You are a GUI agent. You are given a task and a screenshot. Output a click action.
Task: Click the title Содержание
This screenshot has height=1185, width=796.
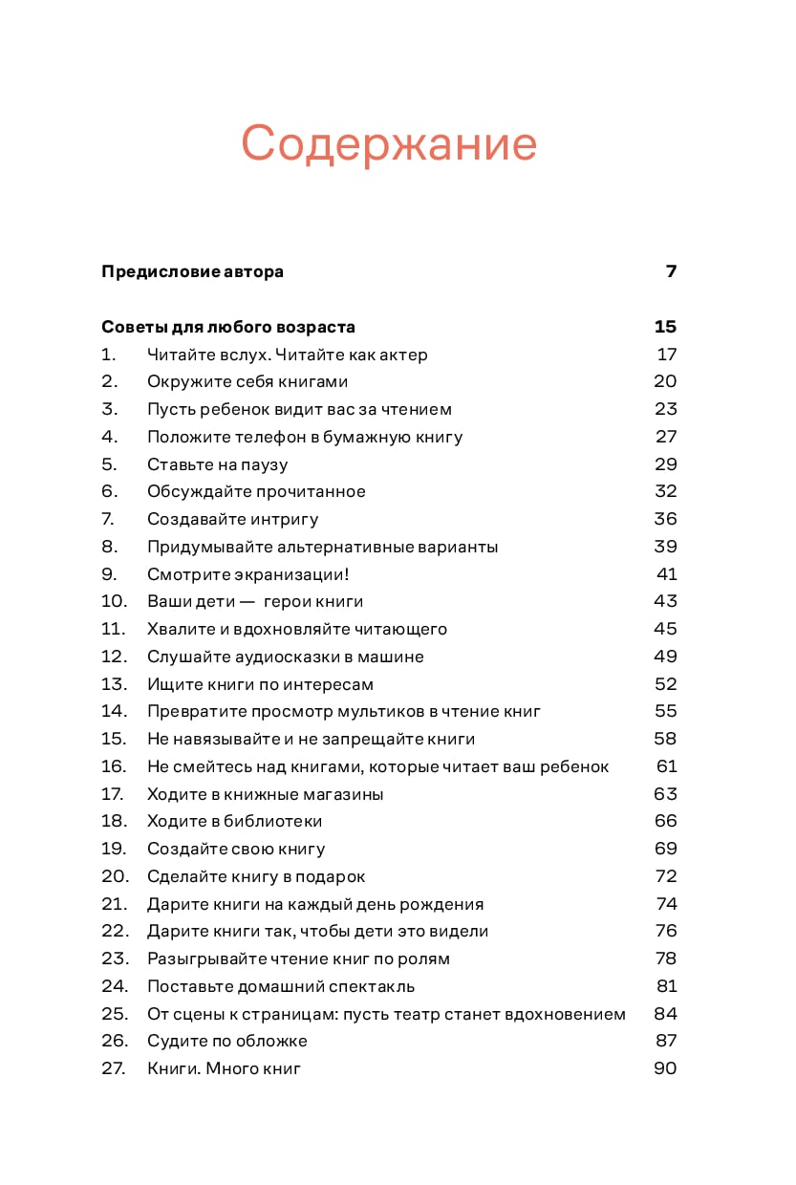click(x=389, y=143)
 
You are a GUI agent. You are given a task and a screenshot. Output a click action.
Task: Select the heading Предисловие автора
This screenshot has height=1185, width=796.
click(x=192, y=271)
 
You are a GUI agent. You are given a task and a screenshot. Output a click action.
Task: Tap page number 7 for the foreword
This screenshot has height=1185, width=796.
click(x=671, y=271)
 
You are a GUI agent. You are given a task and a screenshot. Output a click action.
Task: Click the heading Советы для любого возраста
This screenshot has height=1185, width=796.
click(x=228, y=327)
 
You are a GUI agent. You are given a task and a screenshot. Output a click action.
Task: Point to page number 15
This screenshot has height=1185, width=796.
click(x=665, y=327)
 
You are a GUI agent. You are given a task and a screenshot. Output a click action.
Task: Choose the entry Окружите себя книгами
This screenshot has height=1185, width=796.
click(x=247, y=381)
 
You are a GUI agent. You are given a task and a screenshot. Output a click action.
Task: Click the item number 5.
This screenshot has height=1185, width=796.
click(x=109, y=464)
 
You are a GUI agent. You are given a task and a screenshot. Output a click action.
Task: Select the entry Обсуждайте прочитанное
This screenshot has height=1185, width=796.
click(x=256, y=491)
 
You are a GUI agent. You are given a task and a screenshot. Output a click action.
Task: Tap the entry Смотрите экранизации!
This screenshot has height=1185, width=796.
click(x=248, y=574)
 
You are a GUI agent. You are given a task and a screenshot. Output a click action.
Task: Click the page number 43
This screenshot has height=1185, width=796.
click(x=665, y=601)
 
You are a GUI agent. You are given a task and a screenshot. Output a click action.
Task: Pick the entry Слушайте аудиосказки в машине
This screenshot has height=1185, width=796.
click(x=285, y=657)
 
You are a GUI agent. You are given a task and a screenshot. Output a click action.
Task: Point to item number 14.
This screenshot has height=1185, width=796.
click(x=114, y=711)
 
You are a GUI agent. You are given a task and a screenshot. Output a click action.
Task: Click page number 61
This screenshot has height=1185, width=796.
click(x=666, y=766)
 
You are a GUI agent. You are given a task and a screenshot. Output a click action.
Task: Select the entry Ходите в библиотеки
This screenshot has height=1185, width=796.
click(x=234, y=821)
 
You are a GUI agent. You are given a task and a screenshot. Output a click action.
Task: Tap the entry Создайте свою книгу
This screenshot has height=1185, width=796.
click(x=236, y=849)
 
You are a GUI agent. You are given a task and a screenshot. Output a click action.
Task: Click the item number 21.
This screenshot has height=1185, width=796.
click(x=114, y=904)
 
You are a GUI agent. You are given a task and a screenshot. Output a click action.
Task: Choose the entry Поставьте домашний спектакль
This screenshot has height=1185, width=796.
click(x=281, y=986)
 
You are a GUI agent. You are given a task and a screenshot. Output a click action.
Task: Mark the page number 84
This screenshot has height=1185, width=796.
click(x=665, y=1014)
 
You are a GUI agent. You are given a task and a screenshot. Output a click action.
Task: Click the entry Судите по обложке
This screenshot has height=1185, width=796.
click(x=227, y=1041)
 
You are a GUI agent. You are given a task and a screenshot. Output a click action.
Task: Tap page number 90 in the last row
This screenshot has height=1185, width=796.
click(x=665, y=1068)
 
